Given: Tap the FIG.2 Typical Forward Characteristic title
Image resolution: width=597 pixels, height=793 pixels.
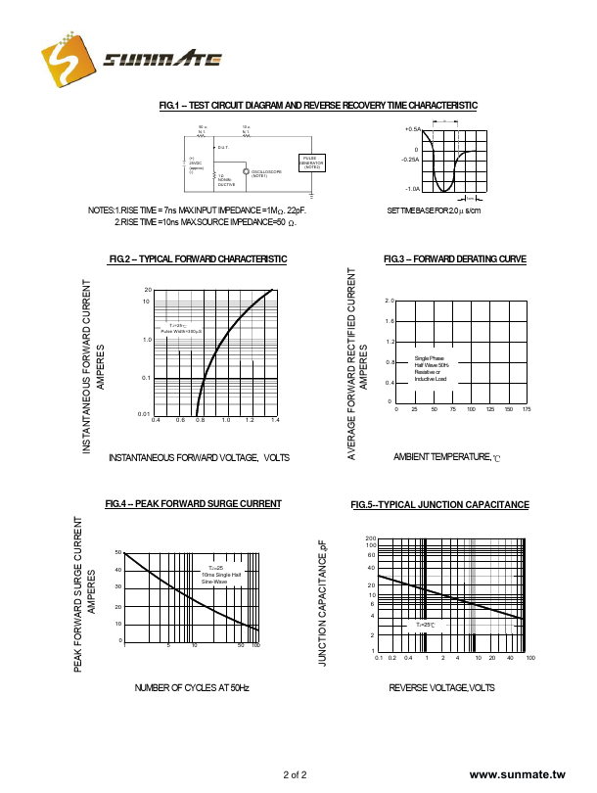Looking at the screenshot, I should tap(198, 258).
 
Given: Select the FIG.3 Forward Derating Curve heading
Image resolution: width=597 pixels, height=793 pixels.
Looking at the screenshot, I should tap(454, 258).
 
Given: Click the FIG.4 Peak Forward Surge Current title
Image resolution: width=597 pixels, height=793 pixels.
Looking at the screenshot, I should tap(193, 504).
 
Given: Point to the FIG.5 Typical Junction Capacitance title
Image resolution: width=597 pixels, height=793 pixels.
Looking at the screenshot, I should tap(439, 505).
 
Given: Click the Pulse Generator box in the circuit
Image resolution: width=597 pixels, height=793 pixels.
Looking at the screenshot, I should tap(311, 163).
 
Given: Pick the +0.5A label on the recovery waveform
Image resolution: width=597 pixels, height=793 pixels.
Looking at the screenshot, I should tap(412, 129).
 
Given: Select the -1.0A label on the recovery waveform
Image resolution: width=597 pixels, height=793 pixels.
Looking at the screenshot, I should tap(412, 188).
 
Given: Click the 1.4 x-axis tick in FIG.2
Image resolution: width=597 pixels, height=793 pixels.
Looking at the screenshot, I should tap(275, 420).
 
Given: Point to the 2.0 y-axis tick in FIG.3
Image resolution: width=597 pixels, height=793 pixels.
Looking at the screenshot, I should tap(389, 301).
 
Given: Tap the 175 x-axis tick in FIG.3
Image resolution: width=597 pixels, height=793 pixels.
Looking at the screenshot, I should tap(527, 408).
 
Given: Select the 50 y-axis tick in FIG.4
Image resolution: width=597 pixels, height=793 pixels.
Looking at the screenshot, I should tap(117, 554).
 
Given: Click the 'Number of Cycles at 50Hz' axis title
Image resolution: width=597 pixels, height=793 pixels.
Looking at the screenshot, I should tap(192, 688).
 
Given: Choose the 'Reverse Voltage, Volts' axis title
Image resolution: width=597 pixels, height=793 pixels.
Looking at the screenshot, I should tap(441, 688).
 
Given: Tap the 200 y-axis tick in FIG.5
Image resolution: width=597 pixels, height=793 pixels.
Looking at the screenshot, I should tap(371, 538).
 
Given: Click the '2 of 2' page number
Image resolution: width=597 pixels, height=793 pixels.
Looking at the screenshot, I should tap(295, 774).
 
